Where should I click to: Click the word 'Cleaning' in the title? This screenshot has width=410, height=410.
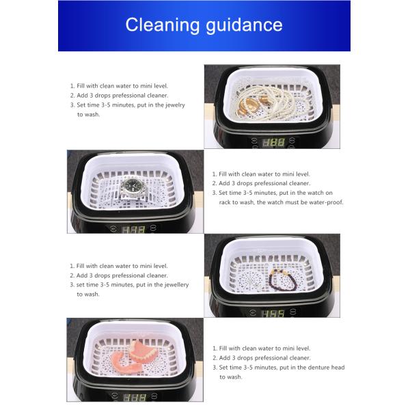click(x=163, y=25)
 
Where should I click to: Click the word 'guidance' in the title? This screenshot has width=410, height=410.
click(x=244, y=25)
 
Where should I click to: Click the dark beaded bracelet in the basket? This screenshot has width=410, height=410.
click(x=283, y=280)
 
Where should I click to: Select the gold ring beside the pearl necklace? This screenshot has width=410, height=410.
click(x=247, y=105)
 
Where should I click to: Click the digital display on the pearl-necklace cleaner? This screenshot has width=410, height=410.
click(x=273, y=143)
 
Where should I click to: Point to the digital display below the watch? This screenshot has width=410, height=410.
click(x=133, y=230)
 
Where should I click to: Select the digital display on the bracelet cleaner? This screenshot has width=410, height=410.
click(x=273, y=313)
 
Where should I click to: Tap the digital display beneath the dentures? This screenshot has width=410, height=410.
click(x=135, y=398)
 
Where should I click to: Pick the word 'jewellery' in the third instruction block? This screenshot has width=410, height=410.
click(x=177, y=285)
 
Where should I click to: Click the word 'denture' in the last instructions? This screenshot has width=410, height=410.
click(x=318, y=368)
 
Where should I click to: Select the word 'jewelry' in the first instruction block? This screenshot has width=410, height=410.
click(x=175, y=105)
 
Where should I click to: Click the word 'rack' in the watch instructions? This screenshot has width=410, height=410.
click(x=225, y=202)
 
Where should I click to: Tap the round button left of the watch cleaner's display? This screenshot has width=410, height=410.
click(x=113, y=228)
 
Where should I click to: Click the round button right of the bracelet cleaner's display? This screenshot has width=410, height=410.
click(x=293, y=311)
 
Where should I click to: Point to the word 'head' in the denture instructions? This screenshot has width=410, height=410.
click(x=338, y=368)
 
